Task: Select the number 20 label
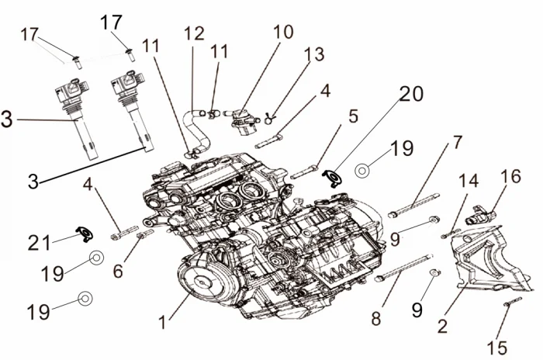click(x=411, y=95)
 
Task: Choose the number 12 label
click(x=194, y=33)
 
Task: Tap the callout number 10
click(x=283, y=32)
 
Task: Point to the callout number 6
click(x=117, y=272)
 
